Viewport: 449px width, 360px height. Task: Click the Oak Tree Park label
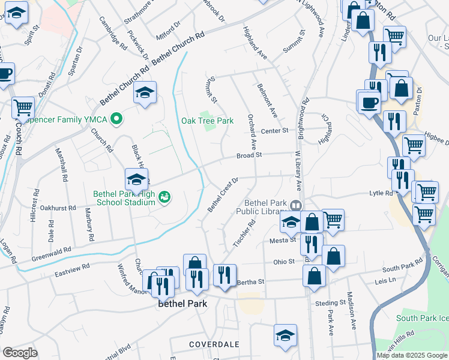point(207,121)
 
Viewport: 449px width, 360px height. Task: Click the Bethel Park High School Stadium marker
point(164,196)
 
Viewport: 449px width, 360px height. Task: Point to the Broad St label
point(250,155)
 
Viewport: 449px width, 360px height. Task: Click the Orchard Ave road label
point(253,131)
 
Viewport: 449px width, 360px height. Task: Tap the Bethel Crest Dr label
point(223,194)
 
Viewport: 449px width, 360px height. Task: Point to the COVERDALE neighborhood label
point(214,344)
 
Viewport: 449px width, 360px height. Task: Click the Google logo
point(20,353)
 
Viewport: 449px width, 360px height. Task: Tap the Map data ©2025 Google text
point(412,355)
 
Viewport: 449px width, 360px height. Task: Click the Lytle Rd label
point(381,193)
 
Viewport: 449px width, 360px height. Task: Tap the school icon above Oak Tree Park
point(145,93)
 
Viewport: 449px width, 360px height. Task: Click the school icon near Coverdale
point(285,335)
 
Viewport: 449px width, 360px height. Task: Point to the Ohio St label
point(284,262)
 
